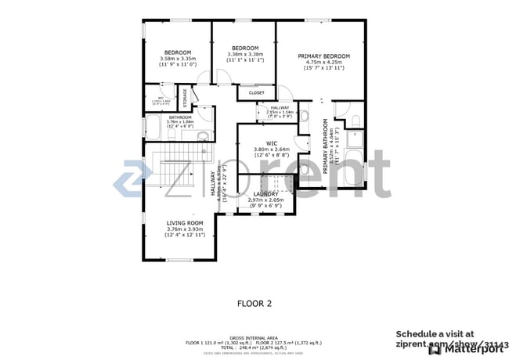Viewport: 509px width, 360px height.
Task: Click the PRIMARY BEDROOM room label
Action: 323,56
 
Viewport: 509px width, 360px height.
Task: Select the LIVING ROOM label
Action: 185,223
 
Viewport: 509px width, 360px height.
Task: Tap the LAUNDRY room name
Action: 265,193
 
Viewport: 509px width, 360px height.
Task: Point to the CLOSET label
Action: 256,92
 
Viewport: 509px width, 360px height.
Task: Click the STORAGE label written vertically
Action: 186,99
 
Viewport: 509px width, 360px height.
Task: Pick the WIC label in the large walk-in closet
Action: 272,143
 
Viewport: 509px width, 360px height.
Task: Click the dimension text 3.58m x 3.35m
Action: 177,58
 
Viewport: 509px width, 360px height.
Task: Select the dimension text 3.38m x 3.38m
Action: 244,54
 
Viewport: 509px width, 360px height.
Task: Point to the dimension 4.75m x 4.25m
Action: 323,63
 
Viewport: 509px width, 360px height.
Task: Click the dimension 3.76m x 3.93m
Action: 185,229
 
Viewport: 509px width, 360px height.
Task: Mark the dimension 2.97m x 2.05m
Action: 265,200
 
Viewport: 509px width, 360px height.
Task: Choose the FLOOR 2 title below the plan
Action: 254,301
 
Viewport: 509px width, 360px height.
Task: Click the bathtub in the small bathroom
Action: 153,128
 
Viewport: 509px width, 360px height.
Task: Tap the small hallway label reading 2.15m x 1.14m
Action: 280,112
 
